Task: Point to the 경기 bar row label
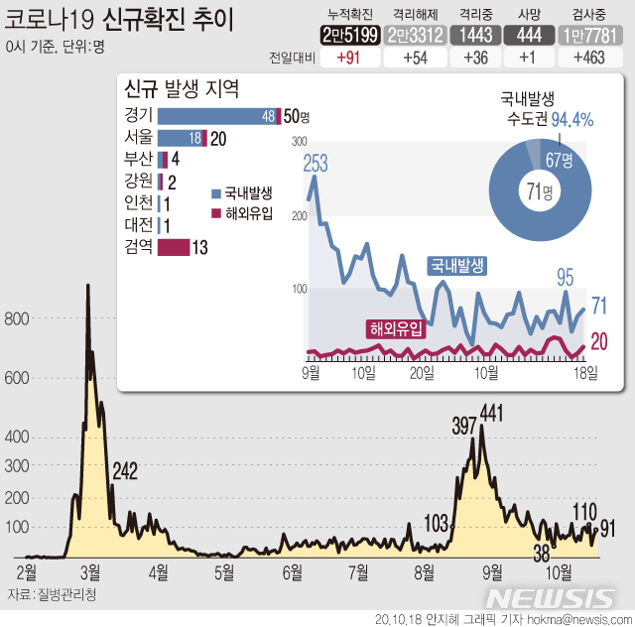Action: click(139, 116)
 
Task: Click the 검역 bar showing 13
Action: click(173, 247)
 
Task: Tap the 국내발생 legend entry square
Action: click(217, 192)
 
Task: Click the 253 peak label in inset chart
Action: click(315, 165)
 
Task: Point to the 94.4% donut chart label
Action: click(571, 120)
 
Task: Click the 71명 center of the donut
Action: click(539, 189)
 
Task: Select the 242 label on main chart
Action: click(124, 470)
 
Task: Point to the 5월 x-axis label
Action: click(224, 571)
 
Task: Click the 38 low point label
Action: click(542, 551)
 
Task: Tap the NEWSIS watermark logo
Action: click(551, 597)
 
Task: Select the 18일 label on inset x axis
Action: click(585, 372)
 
